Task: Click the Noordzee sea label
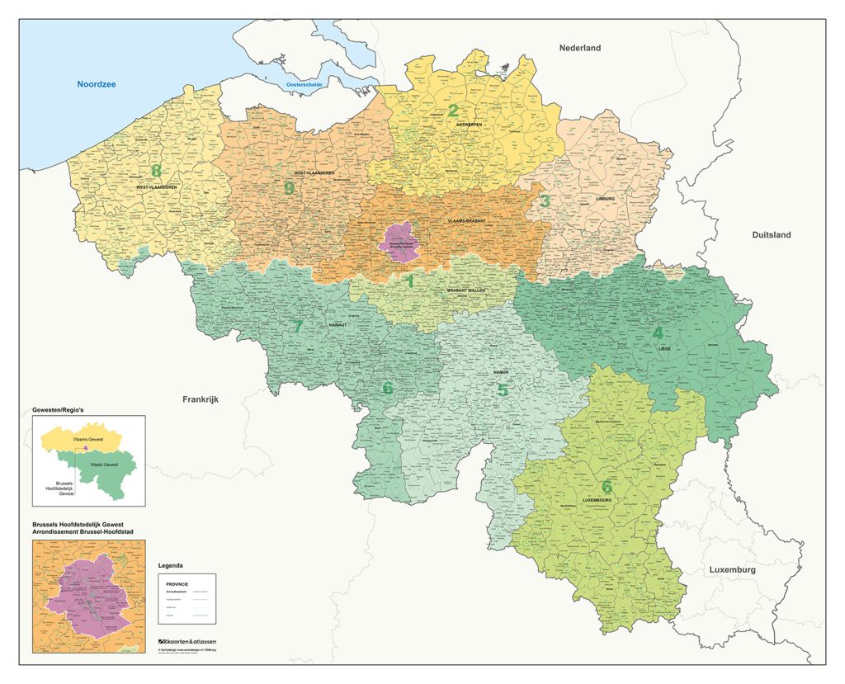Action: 98,84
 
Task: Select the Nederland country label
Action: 579,48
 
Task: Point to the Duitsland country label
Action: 771,235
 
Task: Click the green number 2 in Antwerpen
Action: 452,111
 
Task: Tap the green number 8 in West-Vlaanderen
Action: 156,172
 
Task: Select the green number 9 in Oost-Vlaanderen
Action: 288,188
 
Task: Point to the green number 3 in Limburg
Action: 545,200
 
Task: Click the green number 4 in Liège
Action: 658,333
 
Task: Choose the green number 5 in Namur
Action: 503,389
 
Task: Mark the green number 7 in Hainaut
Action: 297,326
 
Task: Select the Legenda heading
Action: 172,566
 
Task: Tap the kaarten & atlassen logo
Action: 187,641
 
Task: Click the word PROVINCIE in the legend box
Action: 177,583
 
